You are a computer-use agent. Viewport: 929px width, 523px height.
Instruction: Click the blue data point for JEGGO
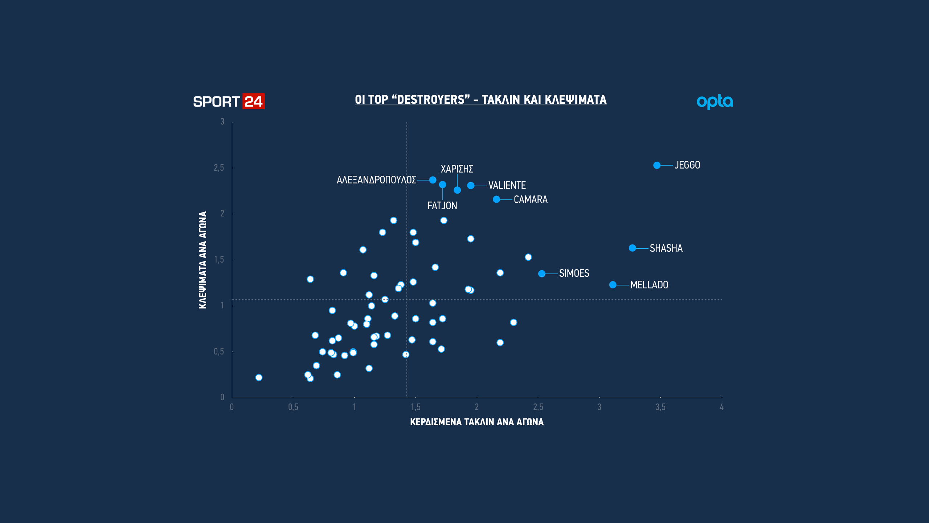click(657, 165)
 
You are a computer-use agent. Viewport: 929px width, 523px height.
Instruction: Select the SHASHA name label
click(666, 248)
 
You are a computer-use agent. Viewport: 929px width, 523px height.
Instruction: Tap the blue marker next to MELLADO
click(613, 285)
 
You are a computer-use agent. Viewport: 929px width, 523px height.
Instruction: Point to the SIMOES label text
click(574, 273)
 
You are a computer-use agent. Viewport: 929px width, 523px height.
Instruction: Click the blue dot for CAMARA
click(496, 199)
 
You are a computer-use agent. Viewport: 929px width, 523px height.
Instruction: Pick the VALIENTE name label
click(507, 185)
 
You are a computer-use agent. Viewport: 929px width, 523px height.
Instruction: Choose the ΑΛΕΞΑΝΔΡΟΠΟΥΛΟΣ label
click(376, 180)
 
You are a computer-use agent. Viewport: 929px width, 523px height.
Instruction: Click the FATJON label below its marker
click(442, 206)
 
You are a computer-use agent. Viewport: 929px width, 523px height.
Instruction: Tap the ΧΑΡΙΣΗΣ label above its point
click(457, 169)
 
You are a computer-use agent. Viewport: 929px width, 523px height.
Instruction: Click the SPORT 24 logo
click(229, 101)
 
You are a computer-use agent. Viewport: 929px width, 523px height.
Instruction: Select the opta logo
click(715, 102)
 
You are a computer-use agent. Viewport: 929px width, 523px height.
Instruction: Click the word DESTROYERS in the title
click(431, 100)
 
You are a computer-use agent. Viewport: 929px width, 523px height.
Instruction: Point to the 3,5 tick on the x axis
click(660, 407)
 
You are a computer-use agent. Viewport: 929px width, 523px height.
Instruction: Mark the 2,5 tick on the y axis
click(219, 168)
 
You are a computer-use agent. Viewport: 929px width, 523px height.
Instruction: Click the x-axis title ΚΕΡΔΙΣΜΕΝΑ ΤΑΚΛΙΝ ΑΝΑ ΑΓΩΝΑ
click(477, 422)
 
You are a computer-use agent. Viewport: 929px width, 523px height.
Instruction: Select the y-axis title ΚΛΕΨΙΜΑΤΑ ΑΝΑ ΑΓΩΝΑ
click(203, 260)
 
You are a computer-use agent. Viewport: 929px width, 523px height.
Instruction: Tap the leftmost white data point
click(259, 378)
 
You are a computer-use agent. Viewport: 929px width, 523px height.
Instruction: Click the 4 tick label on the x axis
click(722, 407)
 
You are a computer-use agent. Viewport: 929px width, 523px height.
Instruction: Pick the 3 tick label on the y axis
click(222, 122)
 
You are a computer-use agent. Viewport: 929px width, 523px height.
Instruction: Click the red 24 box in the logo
click(254, 101)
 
